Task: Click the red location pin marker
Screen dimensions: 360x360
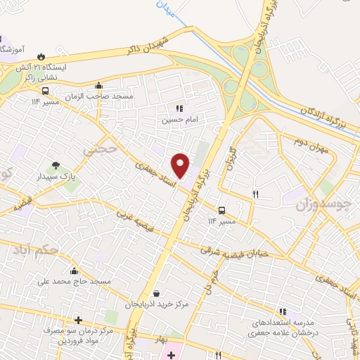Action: (x=181, y=165)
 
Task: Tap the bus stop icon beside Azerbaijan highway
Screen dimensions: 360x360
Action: (x=222, y=210)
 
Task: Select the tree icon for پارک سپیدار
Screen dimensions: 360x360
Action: (x=54, y=166)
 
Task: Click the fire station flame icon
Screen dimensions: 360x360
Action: (x=41, y=56)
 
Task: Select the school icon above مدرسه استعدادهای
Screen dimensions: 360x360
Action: (x=282, y=311)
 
